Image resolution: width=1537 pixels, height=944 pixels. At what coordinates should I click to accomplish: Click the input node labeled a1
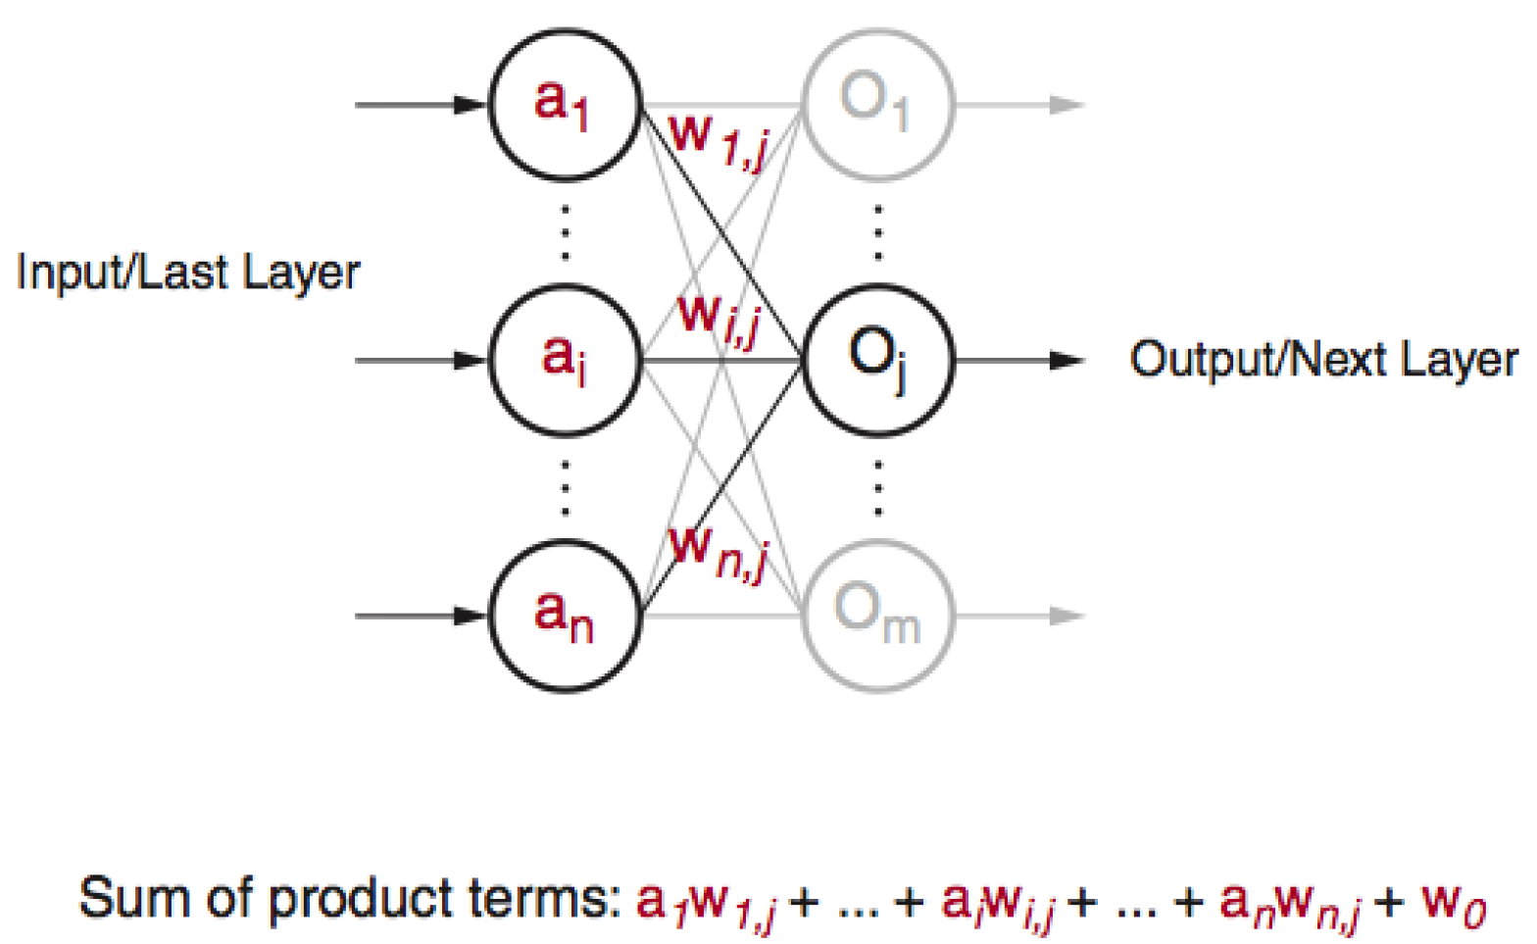(x=565, y=103)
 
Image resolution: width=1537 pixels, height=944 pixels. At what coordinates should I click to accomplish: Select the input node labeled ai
(x=565, y=360)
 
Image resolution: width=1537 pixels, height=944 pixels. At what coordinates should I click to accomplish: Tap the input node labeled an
(x=565, y=617)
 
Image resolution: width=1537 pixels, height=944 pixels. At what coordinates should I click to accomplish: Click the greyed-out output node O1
(x=877, y=103)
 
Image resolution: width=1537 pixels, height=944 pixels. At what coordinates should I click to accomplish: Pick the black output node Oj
(x=877, y=360)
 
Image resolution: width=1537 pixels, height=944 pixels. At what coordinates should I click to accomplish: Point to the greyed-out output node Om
(x=877, y=617)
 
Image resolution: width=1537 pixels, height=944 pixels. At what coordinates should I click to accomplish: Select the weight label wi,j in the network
(x=719, y=318)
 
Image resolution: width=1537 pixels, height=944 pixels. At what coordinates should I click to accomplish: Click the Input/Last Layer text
(x=188, y=273)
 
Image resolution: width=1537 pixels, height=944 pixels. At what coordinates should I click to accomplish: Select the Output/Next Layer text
(x=1323, y=360)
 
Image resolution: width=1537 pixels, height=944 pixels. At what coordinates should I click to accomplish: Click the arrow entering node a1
(x=421, y=104)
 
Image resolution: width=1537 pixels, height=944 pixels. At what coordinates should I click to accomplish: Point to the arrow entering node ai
(x=421, y=361)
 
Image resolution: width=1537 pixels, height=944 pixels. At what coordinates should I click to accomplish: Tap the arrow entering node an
(x=421, y=617)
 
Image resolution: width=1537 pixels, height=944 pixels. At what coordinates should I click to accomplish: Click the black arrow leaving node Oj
(x=1019, y=361)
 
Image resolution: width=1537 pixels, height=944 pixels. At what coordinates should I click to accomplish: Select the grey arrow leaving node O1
(x=1019, y=104)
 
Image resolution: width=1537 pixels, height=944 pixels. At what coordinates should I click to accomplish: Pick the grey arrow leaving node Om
(x=1019, y=617)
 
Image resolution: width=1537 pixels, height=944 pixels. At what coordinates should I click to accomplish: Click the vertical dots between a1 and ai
(x=565, y=232)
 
